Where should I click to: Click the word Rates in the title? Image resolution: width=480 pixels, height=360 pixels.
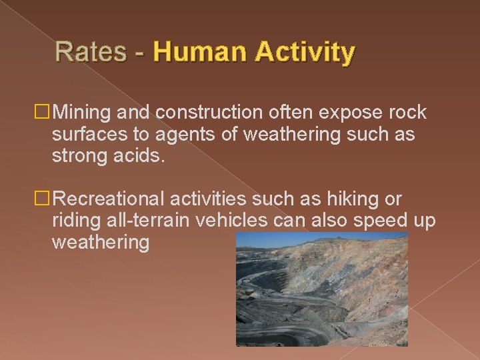[x=91, y=52]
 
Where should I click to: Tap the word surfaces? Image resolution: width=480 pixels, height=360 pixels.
[x=91, y=135]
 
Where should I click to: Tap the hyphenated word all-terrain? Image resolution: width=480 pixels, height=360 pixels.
[x=154, y=221]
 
